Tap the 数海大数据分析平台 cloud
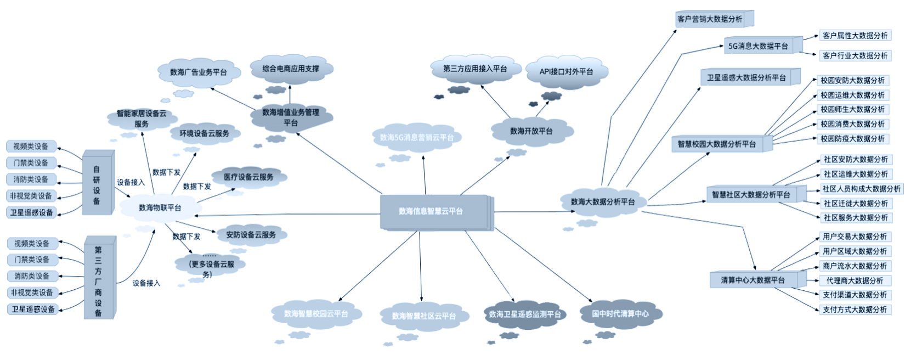(603, 202)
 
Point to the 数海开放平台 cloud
(531, 131)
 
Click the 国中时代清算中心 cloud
(620, 314)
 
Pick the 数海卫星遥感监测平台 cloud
(524, 314)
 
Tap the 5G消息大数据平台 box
(757, 46)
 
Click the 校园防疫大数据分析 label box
(852, 139)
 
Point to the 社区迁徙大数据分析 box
(855, 203)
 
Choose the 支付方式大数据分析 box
(854, 310)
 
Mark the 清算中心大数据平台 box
(753, 280)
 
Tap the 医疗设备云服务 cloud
(248, 177)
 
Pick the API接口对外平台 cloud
(566, 71)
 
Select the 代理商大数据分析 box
(854, 280)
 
